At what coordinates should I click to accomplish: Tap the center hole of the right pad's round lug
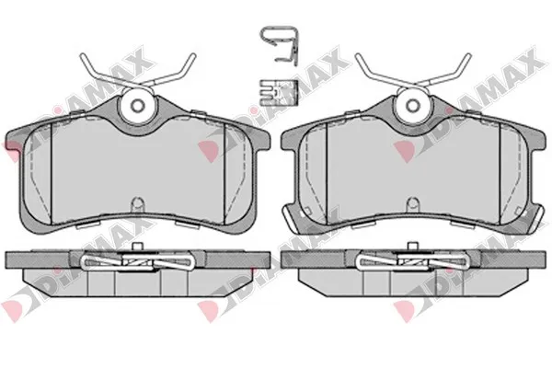[412, 105]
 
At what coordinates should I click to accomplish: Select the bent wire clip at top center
[280, 45]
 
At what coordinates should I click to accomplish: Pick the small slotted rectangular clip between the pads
[279, 92]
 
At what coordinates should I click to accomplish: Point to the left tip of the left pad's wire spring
[82, 54]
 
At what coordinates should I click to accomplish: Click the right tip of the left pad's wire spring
[193, 54]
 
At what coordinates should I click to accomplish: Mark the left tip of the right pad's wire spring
[358, 54]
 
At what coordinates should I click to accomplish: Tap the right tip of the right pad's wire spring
[469, 54]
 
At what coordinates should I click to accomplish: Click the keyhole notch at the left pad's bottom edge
[137, 204]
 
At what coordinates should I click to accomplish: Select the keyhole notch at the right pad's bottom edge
[412, 204]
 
